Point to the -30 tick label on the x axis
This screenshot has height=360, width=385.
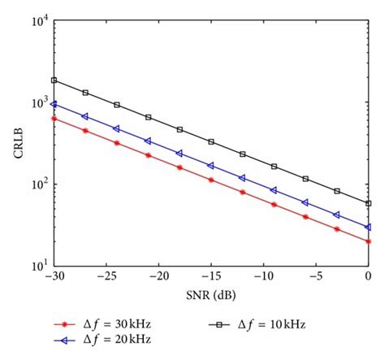click(x=53, y=278)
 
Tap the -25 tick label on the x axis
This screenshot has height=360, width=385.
click(x=106, y=278)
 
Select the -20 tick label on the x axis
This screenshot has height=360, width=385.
click(x=158, y=278)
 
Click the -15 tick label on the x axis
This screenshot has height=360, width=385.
click(x=210, y=278)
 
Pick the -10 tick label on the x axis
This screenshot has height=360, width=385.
click(x=263, y=278)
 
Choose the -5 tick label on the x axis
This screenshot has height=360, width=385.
click(x=317, y=278)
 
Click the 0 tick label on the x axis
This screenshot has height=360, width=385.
click(x=369, y=278)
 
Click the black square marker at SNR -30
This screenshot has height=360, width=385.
click(x=54, y=80)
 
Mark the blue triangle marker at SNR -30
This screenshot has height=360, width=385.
click(x=54, y=104)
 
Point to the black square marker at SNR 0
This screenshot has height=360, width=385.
click(x=369, y=203)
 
